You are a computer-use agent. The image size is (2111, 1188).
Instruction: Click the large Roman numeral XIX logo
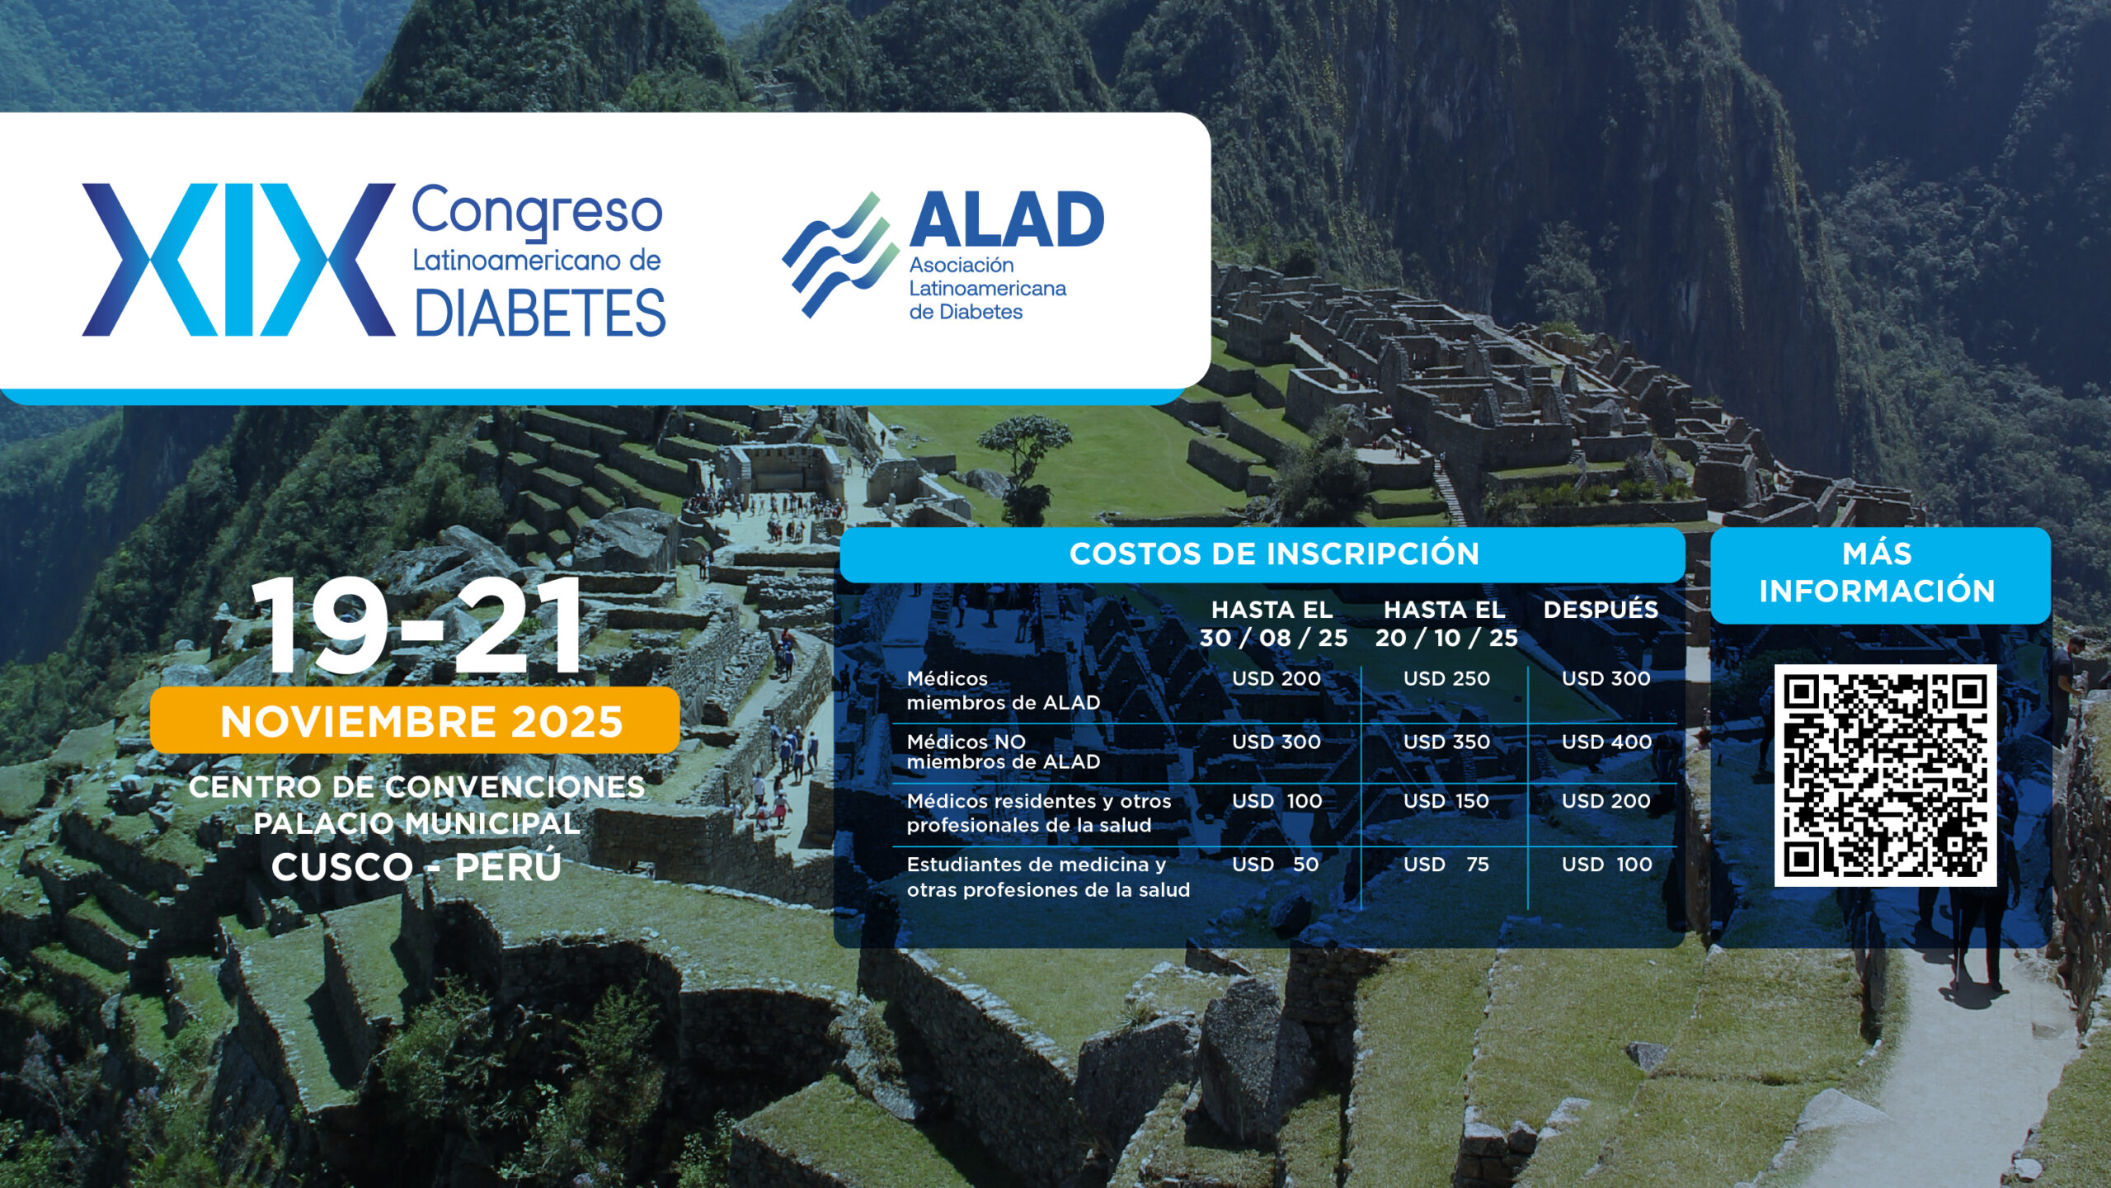point(238,259)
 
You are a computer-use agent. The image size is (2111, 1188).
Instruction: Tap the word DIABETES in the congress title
point(540,313)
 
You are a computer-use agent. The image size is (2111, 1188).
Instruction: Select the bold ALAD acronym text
point(1007,219)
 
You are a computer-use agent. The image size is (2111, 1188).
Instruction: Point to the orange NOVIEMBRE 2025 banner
point(415,720)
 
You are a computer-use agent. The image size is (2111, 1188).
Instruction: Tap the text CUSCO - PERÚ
point(416,867)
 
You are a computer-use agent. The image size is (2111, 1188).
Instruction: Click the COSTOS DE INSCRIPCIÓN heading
point(1274,554)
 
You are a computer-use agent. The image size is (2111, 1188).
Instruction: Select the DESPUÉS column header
point(1601,609)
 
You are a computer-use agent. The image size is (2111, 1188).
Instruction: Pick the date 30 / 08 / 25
point(1273,638)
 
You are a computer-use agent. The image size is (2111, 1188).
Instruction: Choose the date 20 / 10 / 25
point(1446,638)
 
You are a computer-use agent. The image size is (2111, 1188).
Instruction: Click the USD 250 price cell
point(1446,678)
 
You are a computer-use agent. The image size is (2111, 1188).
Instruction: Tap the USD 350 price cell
point(1446,742)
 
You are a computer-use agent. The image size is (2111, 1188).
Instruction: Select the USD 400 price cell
point(1606,742)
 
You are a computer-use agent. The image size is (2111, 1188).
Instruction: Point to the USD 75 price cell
point(1446,865)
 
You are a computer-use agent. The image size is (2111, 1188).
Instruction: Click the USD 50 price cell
point(1276,865)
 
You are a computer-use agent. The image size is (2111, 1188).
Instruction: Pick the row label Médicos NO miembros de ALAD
point(1004,752)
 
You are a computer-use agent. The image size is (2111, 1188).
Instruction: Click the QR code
point(1885,775)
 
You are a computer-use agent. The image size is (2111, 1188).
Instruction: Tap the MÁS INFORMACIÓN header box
point(1880,575)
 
